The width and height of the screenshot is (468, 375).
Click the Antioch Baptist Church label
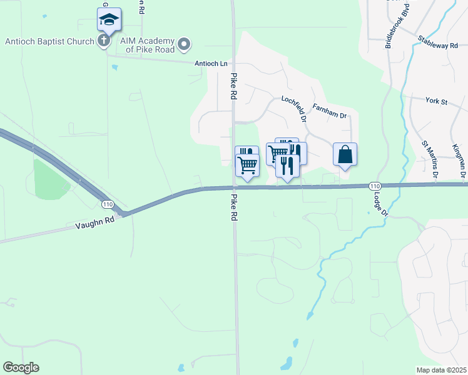49,42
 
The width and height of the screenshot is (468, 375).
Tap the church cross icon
104,41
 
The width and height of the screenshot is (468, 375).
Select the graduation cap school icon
109,19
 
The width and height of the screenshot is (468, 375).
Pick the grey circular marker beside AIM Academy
184,44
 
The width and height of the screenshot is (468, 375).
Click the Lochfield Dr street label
294,108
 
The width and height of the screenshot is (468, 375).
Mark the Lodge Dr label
382,203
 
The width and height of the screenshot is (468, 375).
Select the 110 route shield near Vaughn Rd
107,204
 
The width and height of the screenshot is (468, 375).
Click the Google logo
21,367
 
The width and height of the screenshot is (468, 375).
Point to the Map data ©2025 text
441,369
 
